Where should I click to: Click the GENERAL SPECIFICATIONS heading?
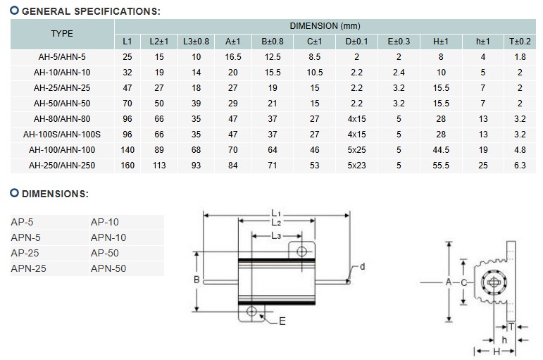[x=90, y=11]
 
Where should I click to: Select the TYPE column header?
[x=61, y=34]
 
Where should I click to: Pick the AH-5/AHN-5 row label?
[x=61, y=57]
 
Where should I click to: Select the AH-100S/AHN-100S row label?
[x=61, y=134]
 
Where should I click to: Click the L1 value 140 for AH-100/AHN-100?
[x=127, y=149]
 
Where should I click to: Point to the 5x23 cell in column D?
[x=356, y=165]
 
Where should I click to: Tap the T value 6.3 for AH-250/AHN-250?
[x=520, y=165]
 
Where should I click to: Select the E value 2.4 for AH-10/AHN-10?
[x=399, y=73]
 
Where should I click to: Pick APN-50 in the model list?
[x=108, y=268]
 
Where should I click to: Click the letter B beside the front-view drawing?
[x=197, y=280]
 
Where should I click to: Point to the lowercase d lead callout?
[x=362, y=267]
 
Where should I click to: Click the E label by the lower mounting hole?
[x=282, y=321]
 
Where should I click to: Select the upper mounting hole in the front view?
[x=301, y=252]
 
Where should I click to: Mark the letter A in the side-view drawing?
[x=448, y=281]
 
